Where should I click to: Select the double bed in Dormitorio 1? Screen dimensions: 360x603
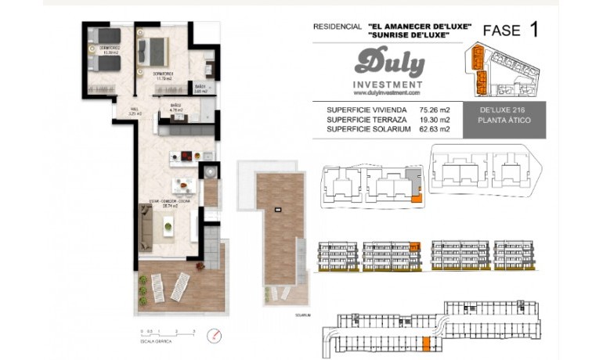(155, 51)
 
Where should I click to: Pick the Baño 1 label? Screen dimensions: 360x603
(200, 88)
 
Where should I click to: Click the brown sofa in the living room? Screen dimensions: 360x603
(146, 228)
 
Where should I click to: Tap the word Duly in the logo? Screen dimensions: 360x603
(389, 63)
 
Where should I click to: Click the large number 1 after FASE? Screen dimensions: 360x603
(534, 31)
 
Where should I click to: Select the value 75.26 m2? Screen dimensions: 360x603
(435, 110)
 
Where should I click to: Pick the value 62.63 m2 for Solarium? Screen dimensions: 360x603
(435, 129)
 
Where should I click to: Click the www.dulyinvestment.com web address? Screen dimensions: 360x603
(388, 92)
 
